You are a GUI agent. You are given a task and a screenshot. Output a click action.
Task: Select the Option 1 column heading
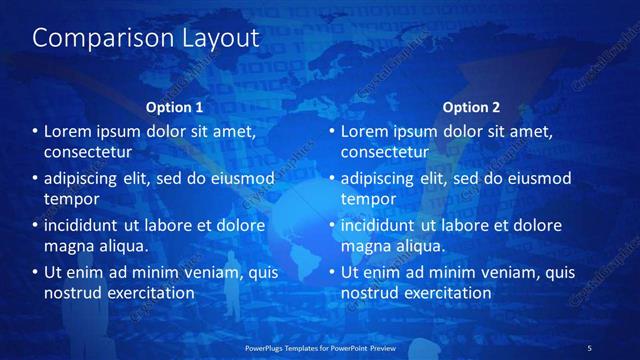(x=174, y=106)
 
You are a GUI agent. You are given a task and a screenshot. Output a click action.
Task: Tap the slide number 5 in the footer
(x=589, y=347)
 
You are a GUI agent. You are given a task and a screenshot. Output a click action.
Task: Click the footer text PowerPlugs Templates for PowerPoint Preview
(x=320, y=347)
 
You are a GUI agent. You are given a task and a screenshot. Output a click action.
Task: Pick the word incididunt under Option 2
(x=383, y=225)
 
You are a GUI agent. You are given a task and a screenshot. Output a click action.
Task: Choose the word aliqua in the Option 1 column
(x=122, y=246)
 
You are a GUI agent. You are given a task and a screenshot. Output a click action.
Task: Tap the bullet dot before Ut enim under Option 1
(x=34, y=272)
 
